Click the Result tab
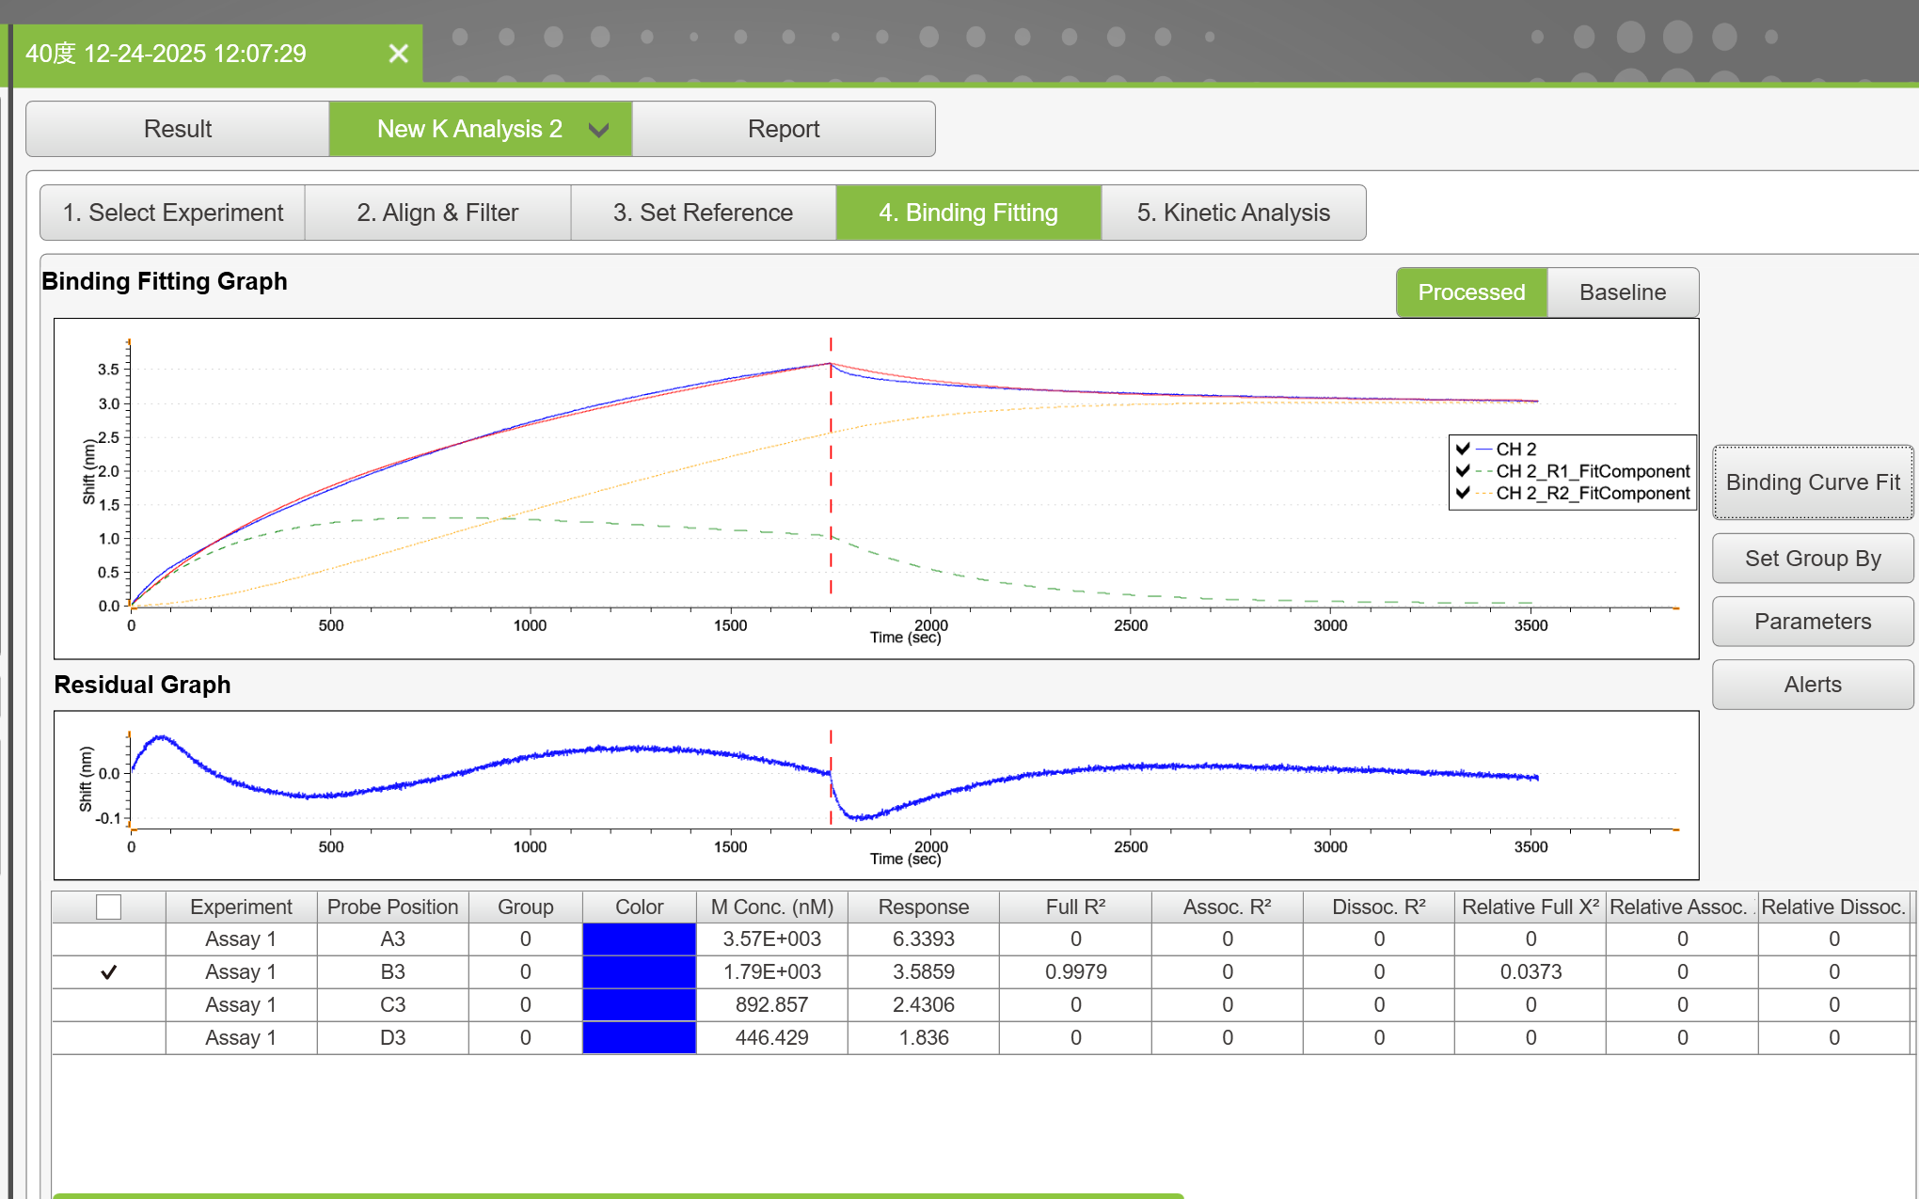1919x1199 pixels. pos(178,129)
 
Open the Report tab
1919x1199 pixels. pos(784,129)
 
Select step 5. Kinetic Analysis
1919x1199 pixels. pos(1233,213)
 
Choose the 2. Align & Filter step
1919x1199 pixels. pos(437,213)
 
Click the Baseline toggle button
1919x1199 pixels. pos(1623,292)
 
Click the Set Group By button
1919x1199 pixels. pos(1813,559)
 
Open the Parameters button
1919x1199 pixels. pos(1813,622)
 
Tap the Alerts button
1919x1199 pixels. pos(1813,685)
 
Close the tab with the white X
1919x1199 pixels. pos(399,54)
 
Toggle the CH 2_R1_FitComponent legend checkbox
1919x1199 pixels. pos(1463,470)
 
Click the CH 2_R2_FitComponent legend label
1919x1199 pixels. pos(1593,493)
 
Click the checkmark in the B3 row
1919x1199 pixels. pos(109,972)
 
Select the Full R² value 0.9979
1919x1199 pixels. pos(1076,972)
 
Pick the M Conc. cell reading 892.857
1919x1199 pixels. pos(772,1005)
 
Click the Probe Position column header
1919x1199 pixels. pos(392,907)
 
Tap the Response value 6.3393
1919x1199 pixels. pos(924,939)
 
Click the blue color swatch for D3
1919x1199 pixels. pos(640,1038)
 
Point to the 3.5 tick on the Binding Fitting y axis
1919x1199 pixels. pos(109,370)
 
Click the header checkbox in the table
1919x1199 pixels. pos(109,907)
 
